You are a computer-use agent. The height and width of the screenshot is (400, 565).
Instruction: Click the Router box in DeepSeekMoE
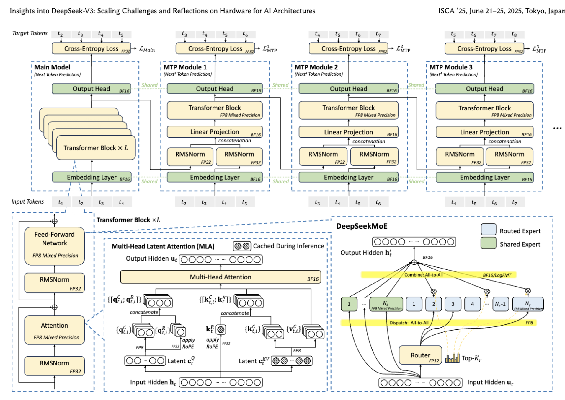tap(420, 355)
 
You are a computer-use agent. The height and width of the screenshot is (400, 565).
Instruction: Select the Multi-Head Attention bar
tap(220, 277)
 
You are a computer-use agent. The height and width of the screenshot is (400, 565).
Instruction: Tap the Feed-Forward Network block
tap(54, 245)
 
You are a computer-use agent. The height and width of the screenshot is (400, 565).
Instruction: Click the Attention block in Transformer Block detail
tap(54, 330)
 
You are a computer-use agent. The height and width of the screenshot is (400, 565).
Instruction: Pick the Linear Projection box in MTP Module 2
tap(348, 132)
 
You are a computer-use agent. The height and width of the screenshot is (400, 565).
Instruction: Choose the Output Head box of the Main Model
tap(91, 89)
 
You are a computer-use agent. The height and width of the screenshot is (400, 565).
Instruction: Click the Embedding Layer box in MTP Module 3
tap(484, 178)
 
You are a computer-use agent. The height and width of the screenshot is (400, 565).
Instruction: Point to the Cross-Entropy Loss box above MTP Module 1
tap(215, 49)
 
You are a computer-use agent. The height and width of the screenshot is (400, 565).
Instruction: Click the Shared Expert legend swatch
tap(488, 243)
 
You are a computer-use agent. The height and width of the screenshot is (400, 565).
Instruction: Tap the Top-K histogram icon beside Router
tap(452, 358)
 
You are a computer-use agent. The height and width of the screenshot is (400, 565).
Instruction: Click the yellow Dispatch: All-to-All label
tap(409, 323)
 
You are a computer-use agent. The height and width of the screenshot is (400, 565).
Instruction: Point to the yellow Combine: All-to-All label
tap(423, 275)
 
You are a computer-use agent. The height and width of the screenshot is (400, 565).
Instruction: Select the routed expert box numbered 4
tap(472, 304)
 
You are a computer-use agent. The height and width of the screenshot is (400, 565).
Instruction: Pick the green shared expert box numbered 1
tap(349, 304)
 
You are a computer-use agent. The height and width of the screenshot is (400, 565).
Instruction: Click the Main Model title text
tap(52, 67)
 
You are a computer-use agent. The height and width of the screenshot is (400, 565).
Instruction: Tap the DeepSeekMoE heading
tap(362, 226)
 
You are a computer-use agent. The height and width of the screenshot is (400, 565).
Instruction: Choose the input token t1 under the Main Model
tap(61, 202)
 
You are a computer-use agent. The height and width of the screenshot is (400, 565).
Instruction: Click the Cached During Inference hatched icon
tap(242, 246)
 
